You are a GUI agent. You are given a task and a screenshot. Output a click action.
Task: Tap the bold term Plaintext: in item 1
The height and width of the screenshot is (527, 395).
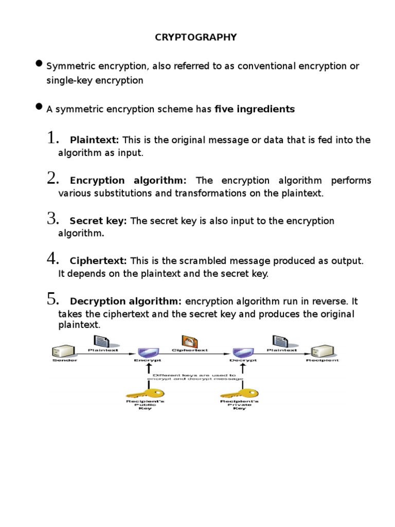(x=94, y=140)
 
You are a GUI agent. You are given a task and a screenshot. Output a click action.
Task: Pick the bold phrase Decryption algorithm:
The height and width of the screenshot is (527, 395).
(x=125, y=301)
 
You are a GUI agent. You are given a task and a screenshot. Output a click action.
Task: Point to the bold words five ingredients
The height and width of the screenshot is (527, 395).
(x=255, y=109)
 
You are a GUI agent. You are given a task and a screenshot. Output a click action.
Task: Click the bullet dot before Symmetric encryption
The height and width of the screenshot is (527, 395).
(x=39, y=64)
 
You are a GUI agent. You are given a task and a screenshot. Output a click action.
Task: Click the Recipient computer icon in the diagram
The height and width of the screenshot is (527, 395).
(x=322, y=352)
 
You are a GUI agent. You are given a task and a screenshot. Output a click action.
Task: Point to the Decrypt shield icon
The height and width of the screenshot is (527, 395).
(x=239, y=353)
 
